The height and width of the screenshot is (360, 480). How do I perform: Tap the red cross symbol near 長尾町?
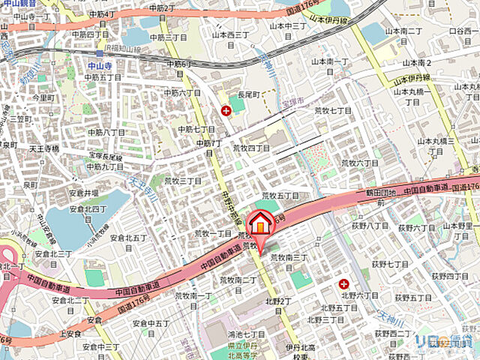226,111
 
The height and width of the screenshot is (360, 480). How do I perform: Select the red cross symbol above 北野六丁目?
343,283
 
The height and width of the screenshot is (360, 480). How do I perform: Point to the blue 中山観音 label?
18,4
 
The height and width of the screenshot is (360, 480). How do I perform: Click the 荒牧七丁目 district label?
332,110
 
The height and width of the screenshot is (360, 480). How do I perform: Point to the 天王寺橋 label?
44,149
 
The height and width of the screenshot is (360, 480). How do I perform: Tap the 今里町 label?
42,97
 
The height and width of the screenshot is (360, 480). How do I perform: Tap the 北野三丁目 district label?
337,319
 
